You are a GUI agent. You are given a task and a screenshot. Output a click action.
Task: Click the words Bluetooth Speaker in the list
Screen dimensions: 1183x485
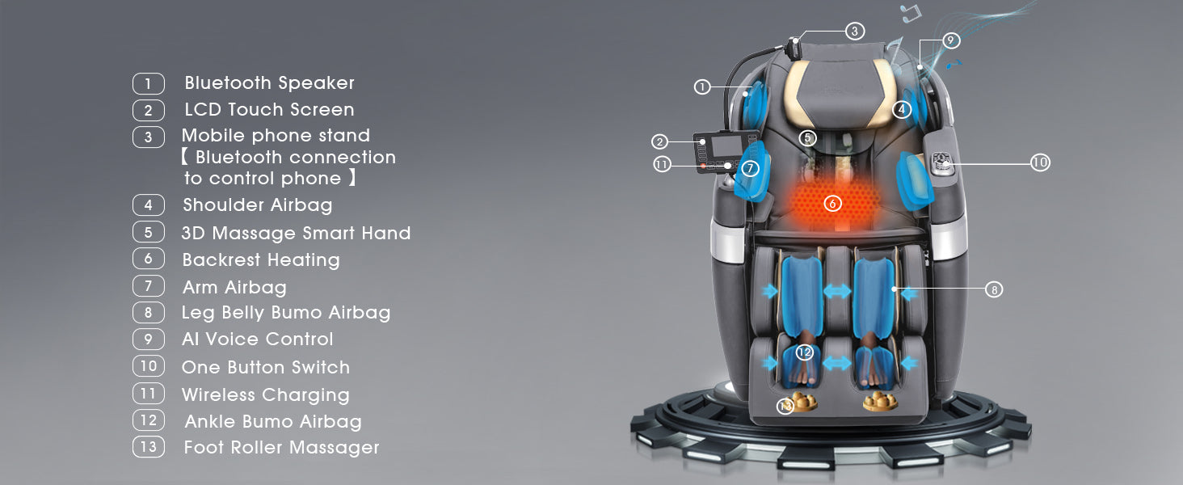tap(269, 83)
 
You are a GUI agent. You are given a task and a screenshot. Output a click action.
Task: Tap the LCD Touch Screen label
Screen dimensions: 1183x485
tap(269, 109)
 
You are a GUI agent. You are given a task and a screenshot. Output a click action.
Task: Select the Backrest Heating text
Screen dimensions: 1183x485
tap(261, 260)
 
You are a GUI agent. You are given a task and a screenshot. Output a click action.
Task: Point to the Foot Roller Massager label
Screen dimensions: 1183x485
tap(281, 448)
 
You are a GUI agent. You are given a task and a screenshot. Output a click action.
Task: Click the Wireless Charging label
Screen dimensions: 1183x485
tap(266, 395)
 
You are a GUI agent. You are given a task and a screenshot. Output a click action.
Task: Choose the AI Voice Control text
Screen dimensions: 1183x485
tap(257, 339)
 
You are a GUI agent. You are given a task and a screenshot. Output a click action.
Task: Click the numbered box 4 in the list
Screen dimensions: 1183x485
tap(149, 205)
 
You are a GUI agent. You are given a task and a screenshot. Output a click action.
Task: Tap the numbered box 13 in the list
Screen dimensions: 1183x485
tap(149, 447)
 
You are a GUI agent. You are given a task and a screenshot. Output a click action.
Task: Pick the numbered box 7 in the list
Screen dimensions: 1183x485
tap(149, 286)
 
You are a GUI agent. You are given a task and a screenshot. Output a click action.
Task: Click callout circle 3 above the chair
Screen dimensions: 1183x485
tap(854, 32)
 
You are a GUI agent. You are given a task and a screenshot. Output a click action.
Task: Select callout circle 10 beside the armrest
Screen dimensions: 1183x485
tap(1040, 162)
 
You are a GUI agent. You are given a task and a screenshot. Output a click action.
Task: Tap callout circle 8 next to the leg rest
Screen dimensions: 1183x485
tap(994, 289)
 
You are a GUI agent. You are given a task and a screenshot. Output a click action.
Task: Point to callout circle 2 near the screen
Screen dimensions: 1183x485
tap(659, 141)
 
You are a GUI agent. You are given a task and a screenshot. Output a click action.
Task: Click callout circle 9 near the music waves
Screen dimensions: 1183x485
tap(950, 40)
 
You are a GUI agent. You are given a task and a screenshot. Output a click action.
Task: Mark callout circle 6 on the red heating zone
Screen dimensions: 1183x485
tap(832, 203)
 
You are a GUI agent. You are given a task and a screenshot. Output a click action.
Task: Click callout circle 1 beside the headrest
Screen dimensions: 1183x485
tap(702, 86)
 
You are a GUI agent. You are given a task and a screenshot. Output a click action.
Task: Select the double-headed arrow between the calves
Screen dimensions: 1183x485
tap(837, 290)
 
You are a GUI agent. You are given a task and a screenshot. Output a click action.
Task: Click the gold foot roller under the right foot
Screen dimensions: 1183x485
tap(880, 402)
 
